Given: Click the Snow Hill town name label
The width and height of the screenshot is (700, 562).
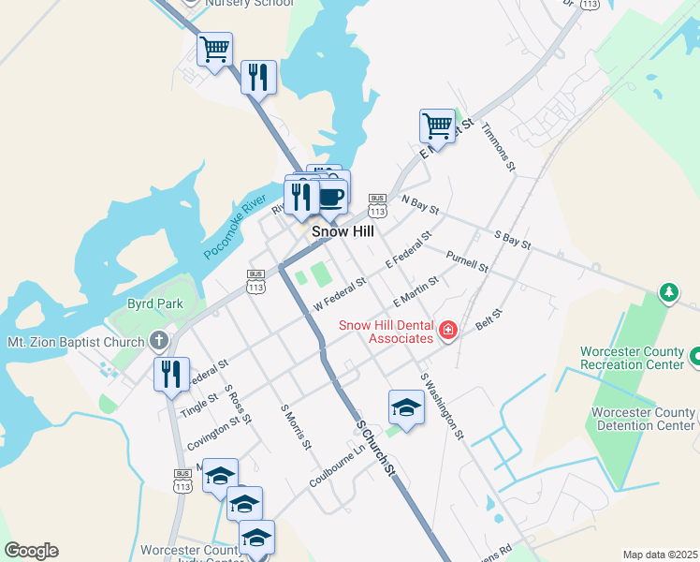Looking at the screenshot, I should [341, 230].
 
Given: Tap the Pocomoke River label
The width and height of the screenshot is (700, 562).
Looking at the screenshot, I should [235, 233].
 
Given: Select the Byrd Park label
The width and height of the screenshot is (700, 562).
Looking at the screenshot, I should [155, 304].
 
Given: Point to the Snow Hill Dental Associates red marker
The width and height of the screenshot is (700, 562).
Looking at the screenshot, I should [448, 330].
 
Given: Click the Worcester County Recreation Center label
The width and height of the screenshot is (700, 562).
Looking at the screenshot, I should [632, 357].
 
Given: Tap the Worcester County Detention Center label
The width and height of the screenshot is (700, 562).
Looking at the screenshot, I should [643, 419].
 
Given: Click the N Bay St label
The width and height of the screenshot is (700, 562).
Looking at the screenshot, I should [420, 203].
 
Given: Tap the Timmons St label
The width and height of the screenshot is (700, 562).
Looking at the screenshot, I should [499, 147].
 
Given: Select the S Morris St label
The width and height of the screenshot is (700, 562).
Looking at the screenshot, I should [296, 426].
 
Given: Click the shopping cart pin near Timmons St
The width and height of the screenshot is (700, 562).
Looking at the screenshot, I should [437, 125].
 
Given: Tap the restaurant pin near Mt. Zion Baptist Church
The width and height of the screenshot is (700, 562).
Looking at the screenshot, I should [171, 374].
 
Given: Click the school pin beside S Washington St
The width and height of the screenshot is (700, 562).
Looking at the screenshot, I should [406, 407].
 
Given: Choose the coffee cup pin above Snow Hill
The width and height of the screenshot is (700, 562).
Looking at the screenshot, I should [331, 196].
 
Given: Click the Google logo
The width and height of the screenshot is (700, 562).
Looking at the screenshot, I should [31, 551].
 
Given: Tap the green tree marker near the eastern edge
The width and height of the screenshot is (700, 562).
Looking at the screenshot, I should [669, 293].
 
